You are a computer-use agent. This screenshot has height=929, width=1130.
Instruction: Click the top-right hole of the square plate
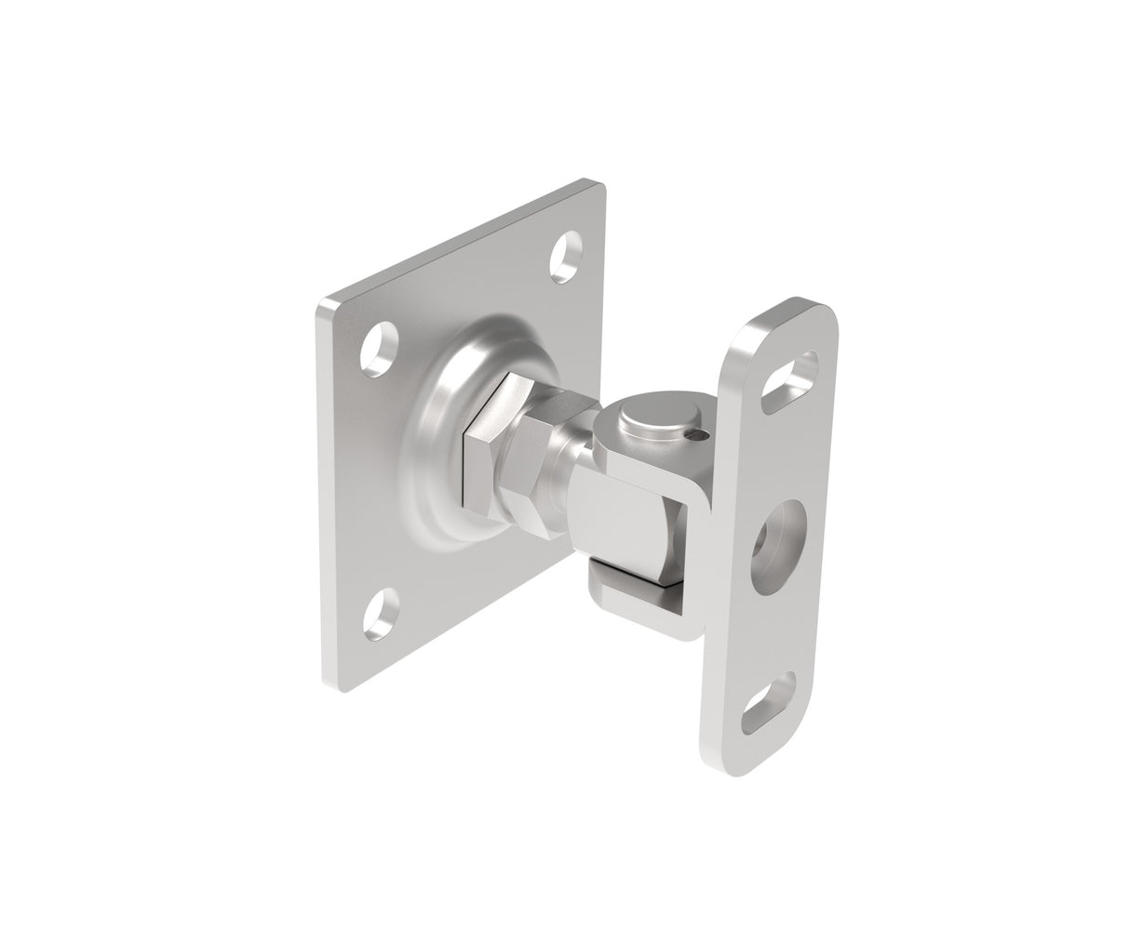pos(564,258)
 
